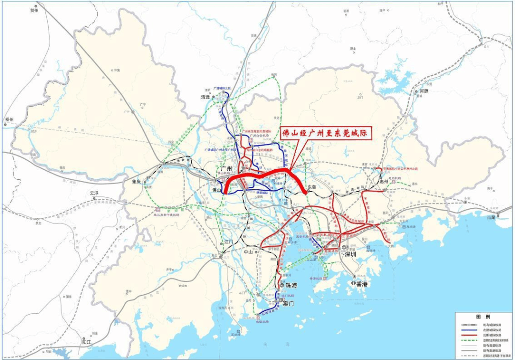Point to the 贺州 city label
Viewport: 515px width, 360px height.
coord(33,10)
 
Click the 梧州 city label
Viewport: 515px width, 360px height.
coord(10,120)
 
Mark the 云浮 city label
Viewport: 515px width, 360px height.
coord(96,193)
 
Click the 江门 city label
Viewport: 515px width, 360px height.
coord(229,242)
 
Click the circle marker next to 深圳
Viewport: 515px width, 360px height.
coord(344,247)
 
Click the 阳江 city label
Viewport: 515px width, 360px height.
coord(86,342)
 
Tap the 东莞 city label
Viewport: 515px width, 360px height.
coord(312,187)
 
